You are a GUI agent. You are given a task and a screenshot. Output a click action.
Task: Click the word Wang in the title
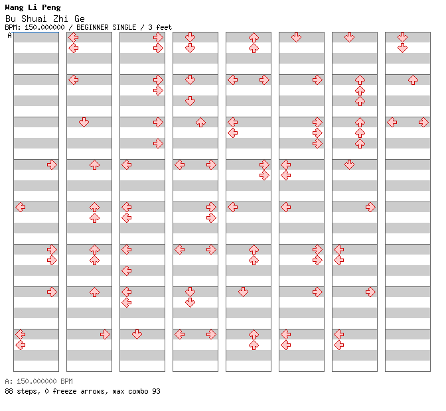[x=14, y=7]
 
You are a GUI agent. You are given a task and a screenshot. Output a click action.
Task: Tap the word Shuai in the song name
[x=34, y=19]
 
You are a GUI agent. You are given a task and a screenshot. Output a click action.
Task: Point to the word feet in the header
[x=164, y=28]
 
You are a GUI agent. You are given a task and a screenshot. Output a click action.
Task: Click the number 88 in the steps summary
[x=9, y=391]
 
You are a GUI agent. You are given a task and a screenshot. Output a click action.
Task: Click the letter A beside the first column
[x=10, y=36]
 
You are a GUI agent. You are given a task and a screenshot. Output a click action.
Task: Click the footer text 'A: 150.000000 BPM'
[x=39, y=381]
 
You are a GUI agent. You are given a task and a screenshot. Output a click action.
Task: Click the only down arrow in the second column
[x=84, y=122]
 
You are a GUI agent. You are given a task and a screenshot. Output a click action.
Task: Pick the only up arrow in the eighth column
[x=413, y=80]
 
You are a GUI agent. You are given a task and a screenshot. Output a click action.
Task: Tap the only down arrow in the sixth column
[x=296, y=37]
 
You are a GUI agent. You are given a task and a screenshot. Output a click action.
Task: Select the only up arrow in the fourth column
[x=200, y=122]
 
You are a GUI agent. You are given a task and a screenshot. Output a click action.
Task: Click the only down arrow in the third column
[x=137, y=334]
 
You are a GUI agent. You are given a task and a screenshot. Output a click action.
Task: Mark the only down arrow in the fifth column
[x=243, y=292]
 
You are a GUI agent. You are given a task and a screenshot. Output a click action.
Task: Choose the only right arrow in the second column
[x=105, y=334]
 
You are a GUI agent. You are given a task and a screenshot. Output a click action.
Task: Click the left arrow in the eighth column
[x=392, y=122]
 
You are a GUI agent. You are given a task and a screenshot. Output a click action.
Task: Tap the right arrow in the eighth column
[x=423, y=122]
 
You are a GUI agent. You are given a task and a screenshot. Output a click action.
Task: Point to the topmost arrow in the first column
[x=52, y=165]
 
